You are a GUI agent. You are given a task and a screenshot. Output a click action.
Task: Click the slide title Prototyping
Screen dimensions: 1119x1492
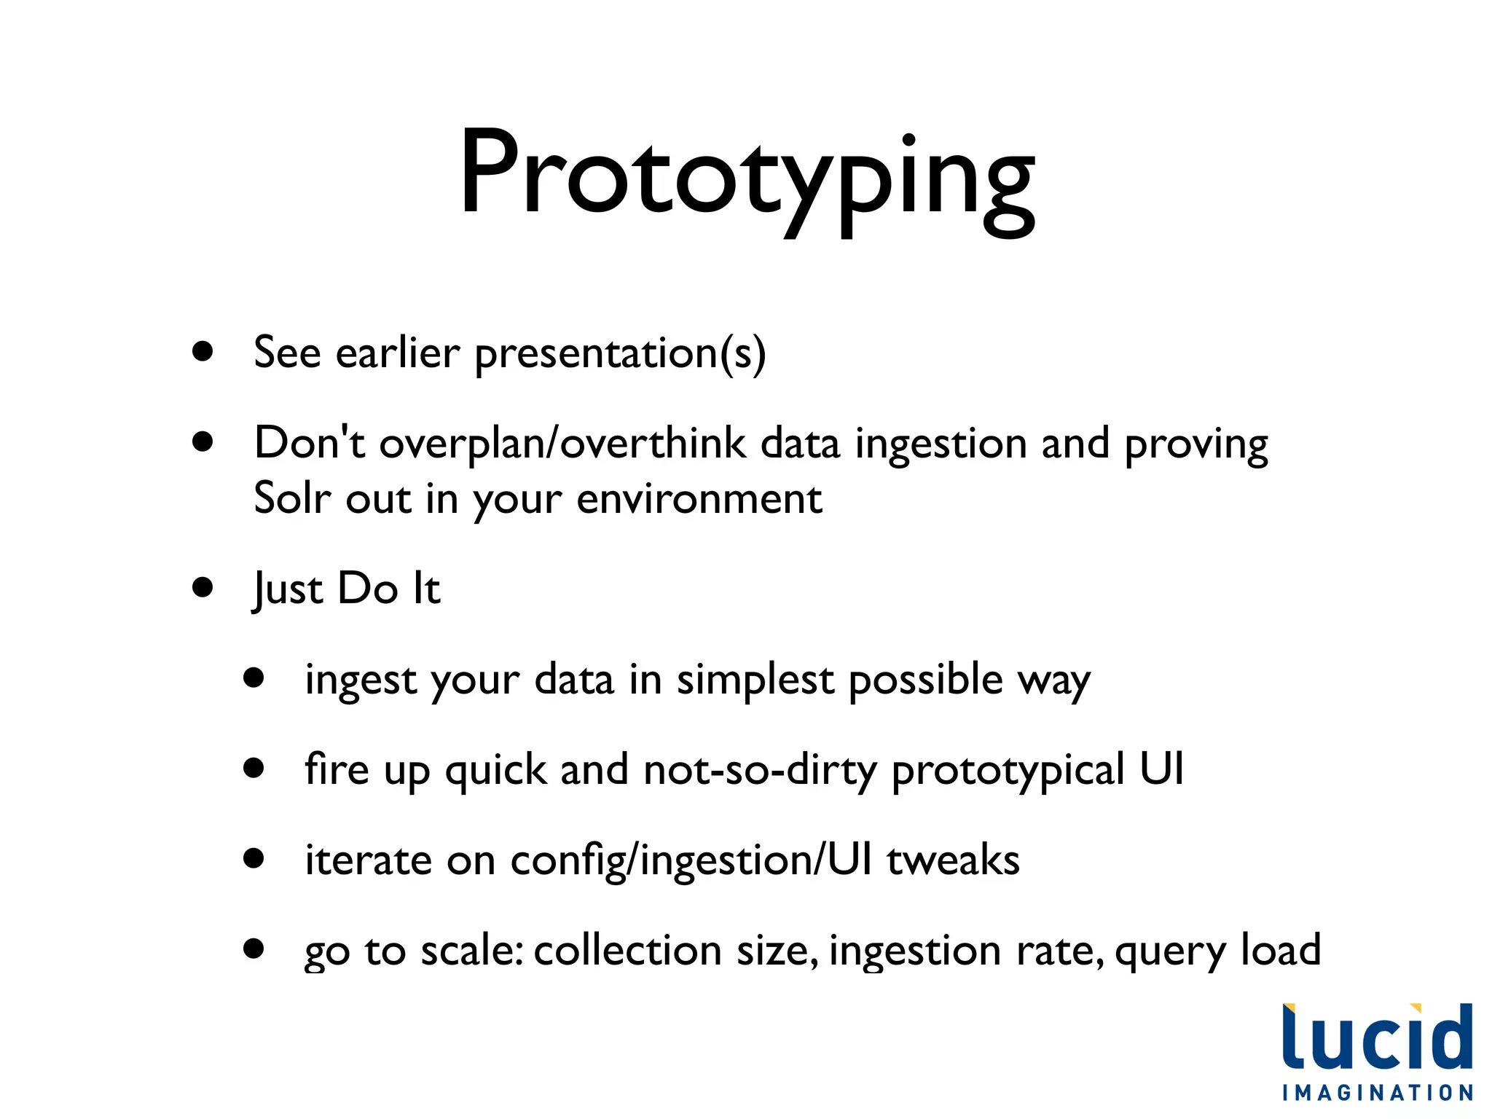(x=746, y=178)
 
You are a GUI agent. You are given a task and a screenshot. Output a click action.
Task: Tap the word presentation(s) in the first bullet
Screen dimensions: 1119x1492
(x=620, y=353)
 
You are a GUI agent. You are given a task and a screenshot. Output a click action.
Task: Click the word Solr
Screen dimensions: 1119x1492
(x=291, y=499)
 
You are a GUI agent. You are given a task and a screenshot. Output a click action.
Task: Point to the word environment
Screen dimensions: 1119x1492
(x=699, y=500)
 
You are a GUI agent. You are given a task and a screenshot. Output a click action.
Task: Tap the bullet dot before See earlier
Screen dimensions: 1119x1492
(x=203, y=352)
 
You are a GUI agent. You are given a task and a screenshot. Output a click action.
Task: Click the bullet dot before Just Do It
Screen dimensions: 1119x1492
(x=203, y=587)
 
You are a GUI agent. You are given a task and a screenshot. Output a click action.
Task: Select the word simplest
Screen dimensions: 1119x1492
(x=755, y=680)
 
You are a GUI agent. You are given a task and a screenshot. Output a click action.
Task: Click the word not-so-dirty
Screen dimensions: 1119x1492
(x=760, y=770)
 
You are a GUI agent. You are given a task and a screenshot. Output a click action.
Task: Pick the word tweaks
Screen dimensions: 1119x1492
(x=953, y=860)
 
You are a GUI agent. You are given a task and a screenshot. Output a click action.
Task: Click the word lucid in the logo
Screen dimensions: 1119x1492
(x=1377, y=1038)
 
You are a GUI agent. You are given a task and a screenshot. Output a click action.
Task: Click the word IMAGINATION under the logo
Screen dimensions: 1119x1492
(x=1377, y=1093)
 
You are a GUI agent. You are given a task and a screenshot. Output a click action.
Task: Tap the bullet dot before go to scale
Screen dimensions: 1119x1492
(x=254, y=949)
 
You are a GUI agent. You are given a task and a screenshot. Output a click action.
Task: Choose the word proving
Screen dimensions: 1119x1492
(x=1195, y=444)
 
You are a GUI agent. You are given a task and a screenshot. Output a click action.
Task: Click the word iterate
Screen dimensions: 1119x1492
(x=368, y=860)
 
